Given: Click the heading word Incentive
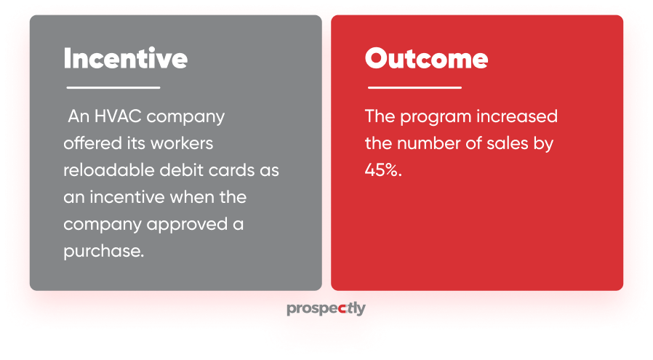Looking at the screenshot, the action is [125, 58].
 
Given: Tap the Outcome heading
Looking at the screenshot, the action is [426, 58].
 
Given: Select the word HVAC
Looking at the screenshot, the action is [118, 116].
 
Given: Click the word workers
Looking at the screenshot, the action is [182, 143].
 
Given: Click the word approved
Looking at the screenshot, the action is [187, 225].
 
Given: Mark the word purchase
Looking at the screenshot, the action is [104, 252].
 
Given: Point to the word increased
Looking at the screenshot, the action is [517, 116].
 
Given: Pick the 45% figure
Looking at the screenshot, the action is [383, 170].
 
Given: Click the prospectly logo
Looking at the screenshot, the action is [326, 309].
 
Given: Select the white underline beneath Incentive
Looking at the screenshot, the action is [113, 87].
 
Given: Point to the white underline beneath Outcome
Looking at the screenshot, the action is [414, 87].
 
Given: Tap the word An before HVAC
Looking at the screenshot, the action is [79, 116].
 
